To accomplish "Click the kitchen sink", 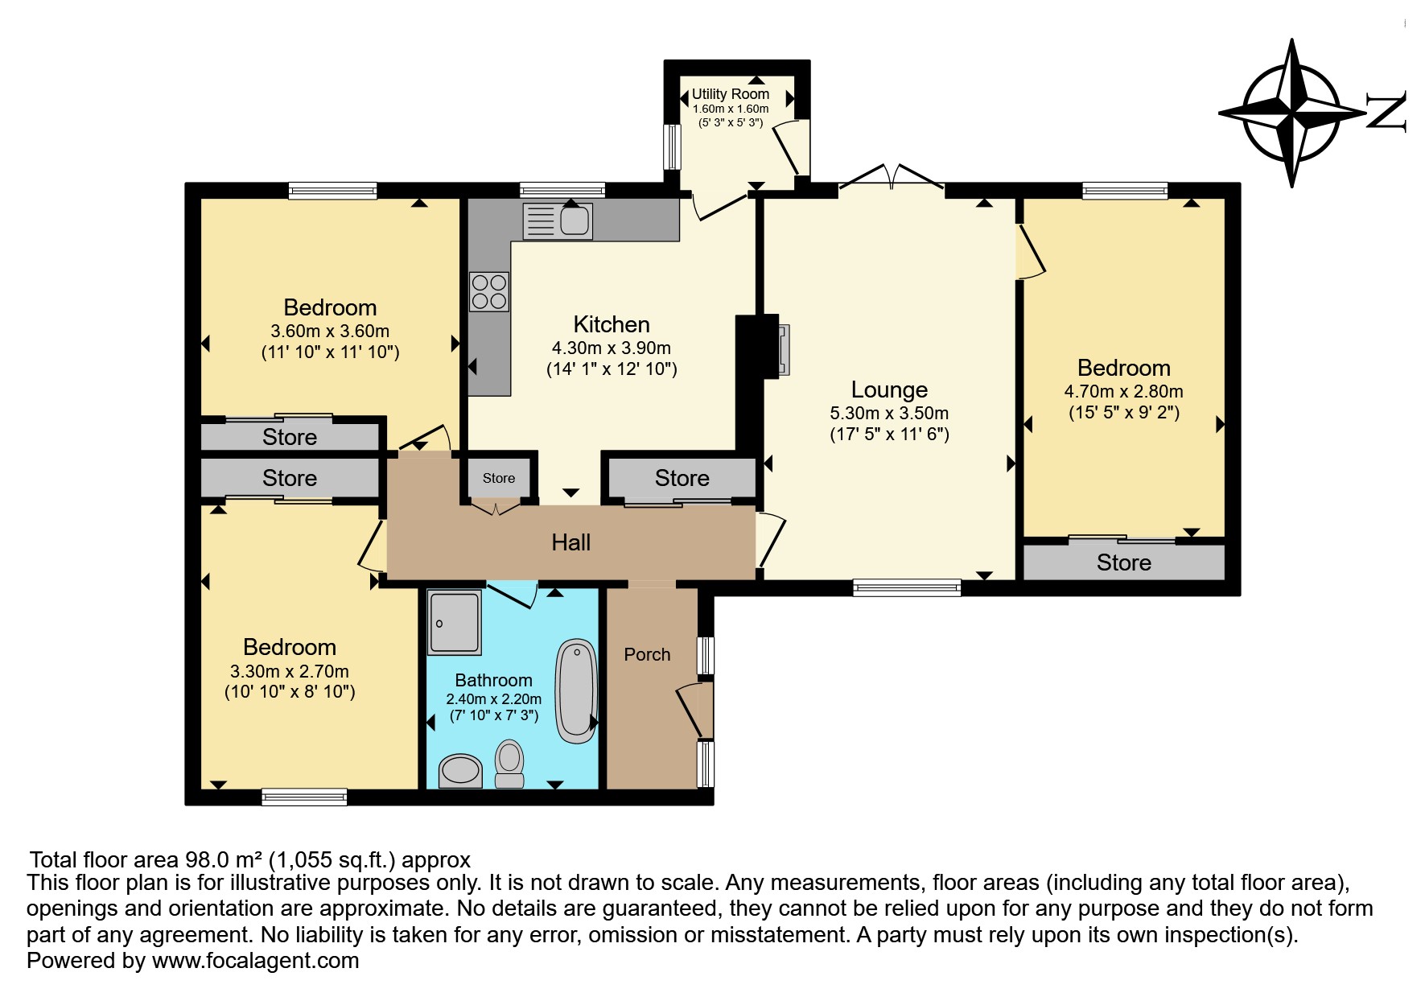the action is click(558, 220).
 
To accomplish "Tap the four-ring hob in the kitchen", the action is click(489, 292).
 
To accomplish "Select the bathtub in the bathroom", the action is click(575, 690).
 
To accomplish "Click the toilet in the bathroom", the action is click(509, 764).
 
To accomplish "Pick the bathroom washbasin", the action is click(460, 771).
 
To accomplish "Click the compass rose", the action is click(1291, 113).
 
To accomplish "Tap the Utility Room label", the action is click(731, 94).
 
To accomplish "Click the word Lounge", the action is click(889, 389).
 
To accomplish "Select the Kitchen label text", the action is click(612, 324).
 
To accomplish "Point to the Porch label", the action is click(647, 654).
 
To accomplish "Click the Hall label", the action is click(571, 542).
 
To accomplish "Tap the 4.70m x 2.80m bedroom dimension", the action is click(1124, 392).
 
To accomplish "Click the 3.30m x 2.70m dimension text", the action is click(290, 671).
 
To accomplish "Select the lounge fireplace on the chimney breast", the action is click(782, 350).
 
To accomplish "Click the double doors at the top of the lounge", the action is click(892, 177).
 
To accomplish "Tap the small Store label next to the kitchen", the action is click(499, 478).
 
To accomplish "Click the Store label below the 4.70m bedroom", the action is click(1124, 562).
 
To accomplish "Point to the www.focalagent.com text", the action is click(256, 961).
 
